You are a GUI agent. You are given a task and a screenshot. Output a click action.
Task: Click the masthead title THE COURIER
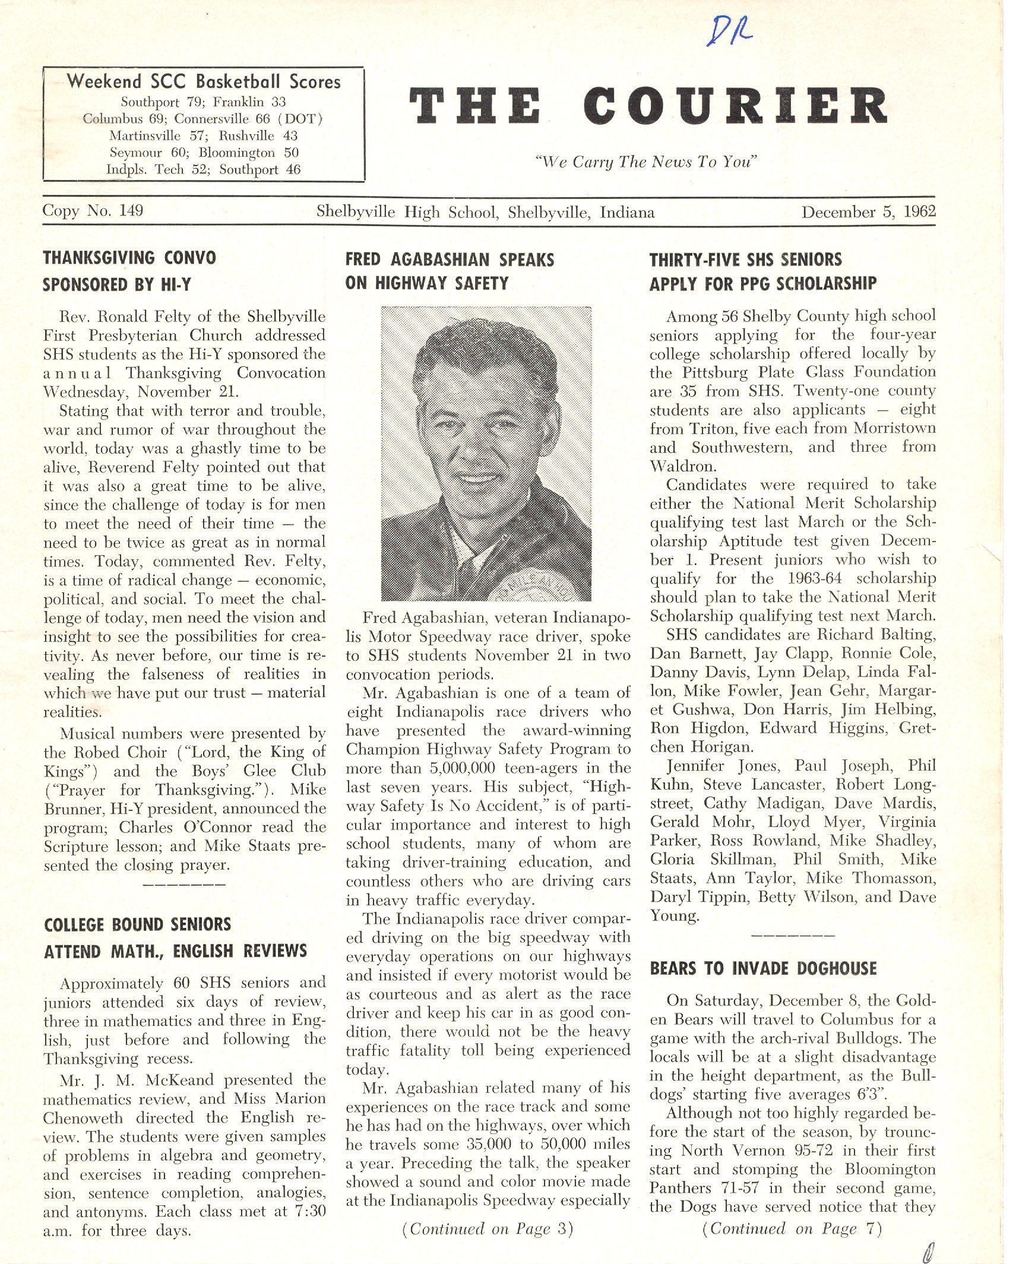[x=648, y=106]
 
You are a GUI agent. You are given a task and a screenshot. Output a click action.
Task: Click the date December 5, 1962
[x=868, y=212]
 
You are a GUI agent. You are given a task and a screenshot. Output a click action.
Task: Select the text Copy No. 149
[x=93, y=211]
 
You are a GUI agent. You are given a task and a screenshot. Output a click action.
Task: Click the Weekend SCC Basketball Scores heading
[x=204, y=81]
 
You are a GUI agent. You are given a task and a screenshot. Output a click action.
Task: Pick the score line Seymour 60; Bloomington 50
[x=204, y=153]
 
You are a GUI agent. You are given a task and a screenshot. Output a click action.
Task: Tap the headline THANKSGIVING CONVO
[x=129, y=258]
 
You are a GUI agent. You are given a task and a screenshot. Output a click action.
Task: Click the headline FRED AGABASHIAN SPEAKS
[x=450, y=259]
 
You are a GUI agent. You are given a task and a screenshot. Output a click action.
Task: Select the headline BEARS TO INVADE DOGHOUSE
[x=763, y=968]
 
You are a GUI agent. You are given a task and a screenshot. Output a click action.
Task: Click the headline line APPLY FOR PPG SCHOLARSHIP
[x=762, y=284]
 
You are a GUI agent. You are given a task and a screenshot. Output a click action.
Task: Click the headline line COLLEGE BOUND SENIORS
[x=137, y=924]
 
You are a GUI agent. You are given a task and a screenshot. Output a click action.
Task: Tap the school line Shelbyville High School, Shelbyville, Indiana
[x=485, y=212]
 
